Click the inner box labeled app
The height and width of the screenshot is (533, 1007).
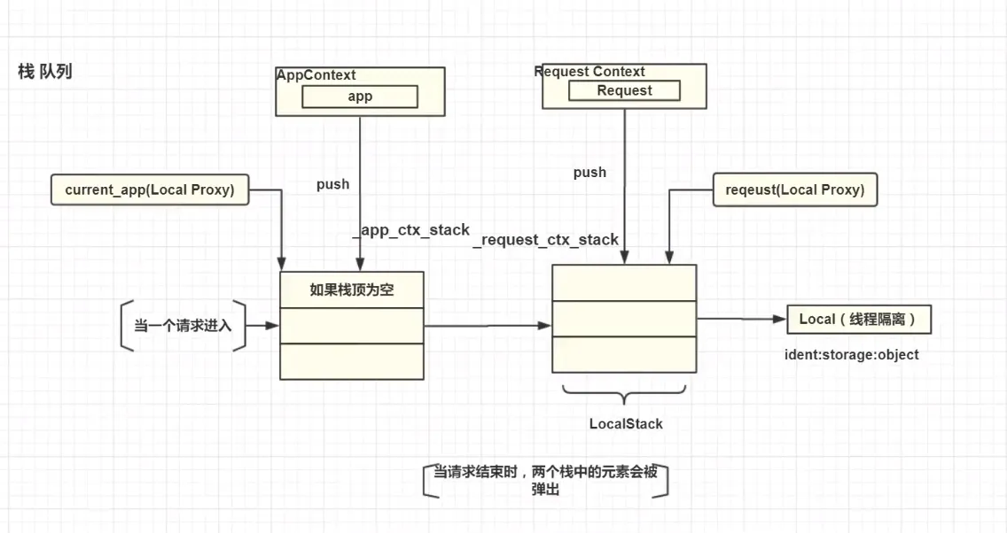(x=360, y=97)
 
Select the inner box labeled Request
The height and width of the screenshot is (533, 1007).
(x=624, y=90)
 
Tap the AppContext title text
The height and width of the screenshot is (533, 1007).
(x=317, y=75)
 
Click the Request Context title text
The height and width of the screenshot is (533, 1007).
(x=590, y=72)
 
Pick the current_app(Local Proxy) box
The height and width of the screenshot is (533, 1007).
(x=150, y=189)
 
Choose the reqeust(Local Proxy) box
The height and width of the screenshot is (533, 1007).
(x=795, y=189)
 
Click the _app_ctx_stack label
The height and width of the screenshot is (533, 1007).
(x=412, y=230)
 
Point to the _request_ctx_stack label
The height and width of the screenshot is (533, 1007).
(x=546, y=239)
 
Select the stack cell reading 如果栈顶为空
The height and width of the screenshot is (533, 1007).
(x=352, y=290)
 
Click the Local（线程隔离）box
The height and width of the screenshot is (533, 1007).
(x=858, y=319)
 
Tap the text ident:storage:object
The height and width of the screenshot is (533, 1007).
(x=852, y=355)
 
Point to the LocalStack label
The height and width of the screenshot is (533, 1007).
(x=626, y=424)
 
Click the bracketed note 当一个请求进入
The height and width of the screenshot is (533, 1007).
(x=183, y=326)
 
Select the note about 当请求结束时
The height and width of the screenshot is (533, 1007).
(x=545, y=481)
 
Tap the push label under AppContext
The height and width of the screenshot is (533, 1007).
(x=332, y=185)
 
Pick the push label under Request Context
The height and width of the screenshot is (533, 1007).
(x=589, y=173)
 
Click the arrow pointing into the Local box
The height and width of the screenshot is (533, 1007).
(x=741, y=319)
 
